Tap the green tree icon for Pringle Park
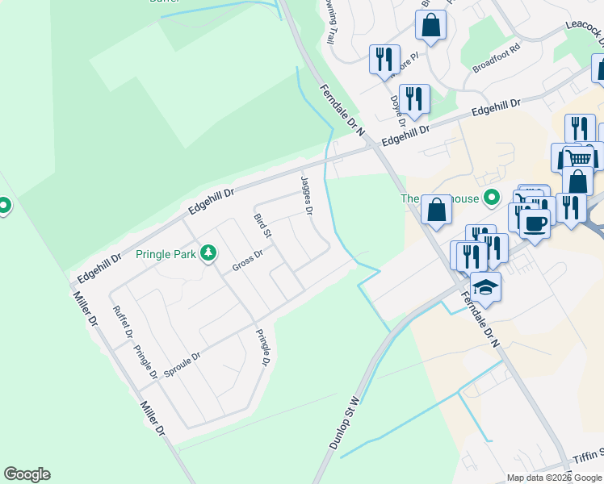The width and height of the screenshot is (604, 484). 208,253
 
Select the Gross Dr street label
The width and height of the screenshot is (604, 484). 248,261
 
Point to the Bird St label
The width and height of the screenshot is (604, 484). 262,225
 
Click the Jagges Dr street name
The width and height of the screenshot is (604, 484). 307,196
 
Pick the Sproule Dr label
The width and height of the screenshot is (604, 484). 182,364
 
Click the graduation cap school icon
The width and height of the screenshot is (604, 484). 486,286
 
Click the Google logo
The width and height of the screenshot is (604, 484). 27,474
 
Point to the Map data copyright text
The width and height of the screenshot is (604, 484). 554,478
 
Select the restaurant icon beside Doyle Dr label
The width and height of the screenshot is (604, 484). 414,98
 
